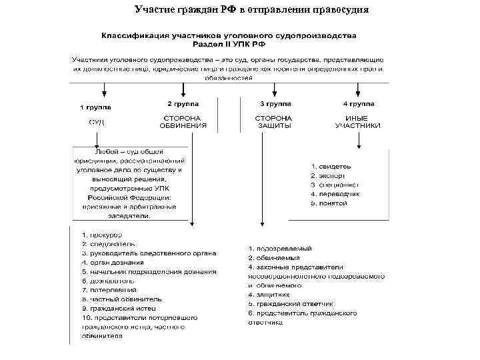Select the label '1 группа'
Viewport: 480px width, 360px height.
pyautogui.click(x=96, y=107)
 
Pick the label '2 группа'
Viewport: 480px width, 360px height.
pyautogui.click(x=183, y=104)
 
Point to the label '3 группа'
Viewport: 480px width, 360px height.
pyautogui.click(x=275, y=105)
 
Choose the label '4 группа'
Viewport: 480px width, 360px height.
pyautogui.click(x=359, y=105)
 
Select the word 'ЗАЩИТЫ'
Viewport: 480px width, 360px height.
pyautogui.click(x=274, y=125)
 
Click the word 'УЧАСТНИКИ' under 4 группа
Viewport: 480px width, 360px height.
pyautogui.click(x=358, y=125)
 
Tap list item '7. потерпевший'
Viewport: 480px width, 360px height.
pyautogui.click(x=109, y=290)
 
